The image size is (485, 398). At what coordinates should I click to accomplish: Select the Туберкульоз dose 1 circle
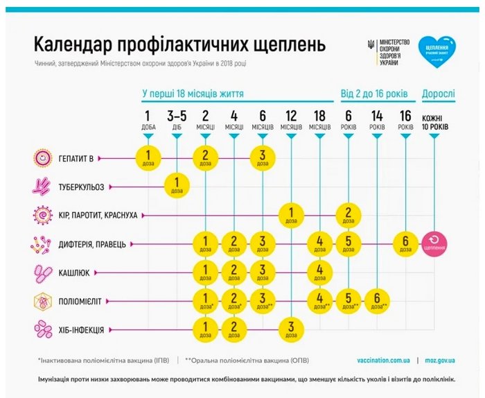point(176,185)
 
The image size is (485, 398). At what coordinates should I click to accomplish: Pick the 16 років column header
point(407,120)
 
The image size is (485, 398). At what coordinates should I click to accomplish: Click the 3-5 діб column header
point(176,120)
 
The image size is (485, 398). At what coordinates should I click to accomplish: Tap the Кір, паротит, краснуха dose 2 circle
point(349,214)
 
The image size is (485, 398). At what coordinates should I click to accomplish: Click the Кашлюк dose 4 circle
point(320,270)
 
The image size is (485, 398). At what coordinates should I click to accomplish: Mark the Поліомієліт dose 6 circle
point(378,300)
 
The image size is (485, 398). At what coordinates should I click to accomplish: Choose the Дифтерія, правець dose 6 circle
point(407,243)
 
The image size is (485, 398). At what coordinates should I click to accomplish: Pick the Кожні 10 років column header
point(434,123)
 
